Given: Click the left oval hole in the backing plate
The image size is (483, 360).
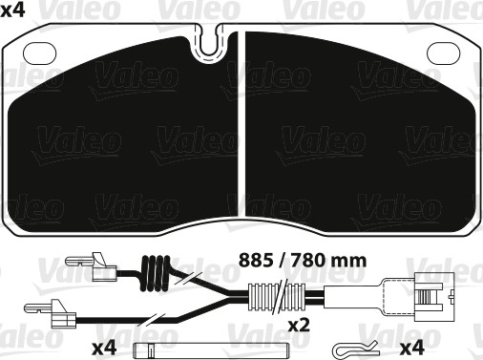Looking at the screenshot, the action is pyautogui.click(x=40, y=53).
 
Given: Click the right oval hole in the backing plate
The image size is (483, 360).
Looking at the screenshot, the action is pyautogui.click(x=443, y=53).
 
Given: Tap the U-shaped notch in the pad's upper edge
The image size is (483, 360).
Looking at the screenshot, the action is pyautogui.click(x=209, y=45).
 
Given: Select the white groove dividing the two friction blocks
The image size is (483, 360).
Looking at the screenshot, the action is pyautogui.click(x=241, y=124).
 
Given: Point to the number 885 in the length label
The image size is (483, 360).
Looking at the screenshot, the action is pyautogui.click(x=256, y=261).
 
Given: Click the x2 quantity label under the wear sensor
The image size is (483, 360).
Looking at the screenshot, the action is pyautogui.click(x=299, y=325).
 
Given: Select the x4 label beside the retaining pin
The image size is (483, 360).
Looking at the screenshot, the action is pyautogui.click(x=104, y=348).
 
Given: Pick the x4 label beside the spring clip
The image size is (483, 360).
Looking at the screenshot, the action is pyautogui.click(x=412, y=348).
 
